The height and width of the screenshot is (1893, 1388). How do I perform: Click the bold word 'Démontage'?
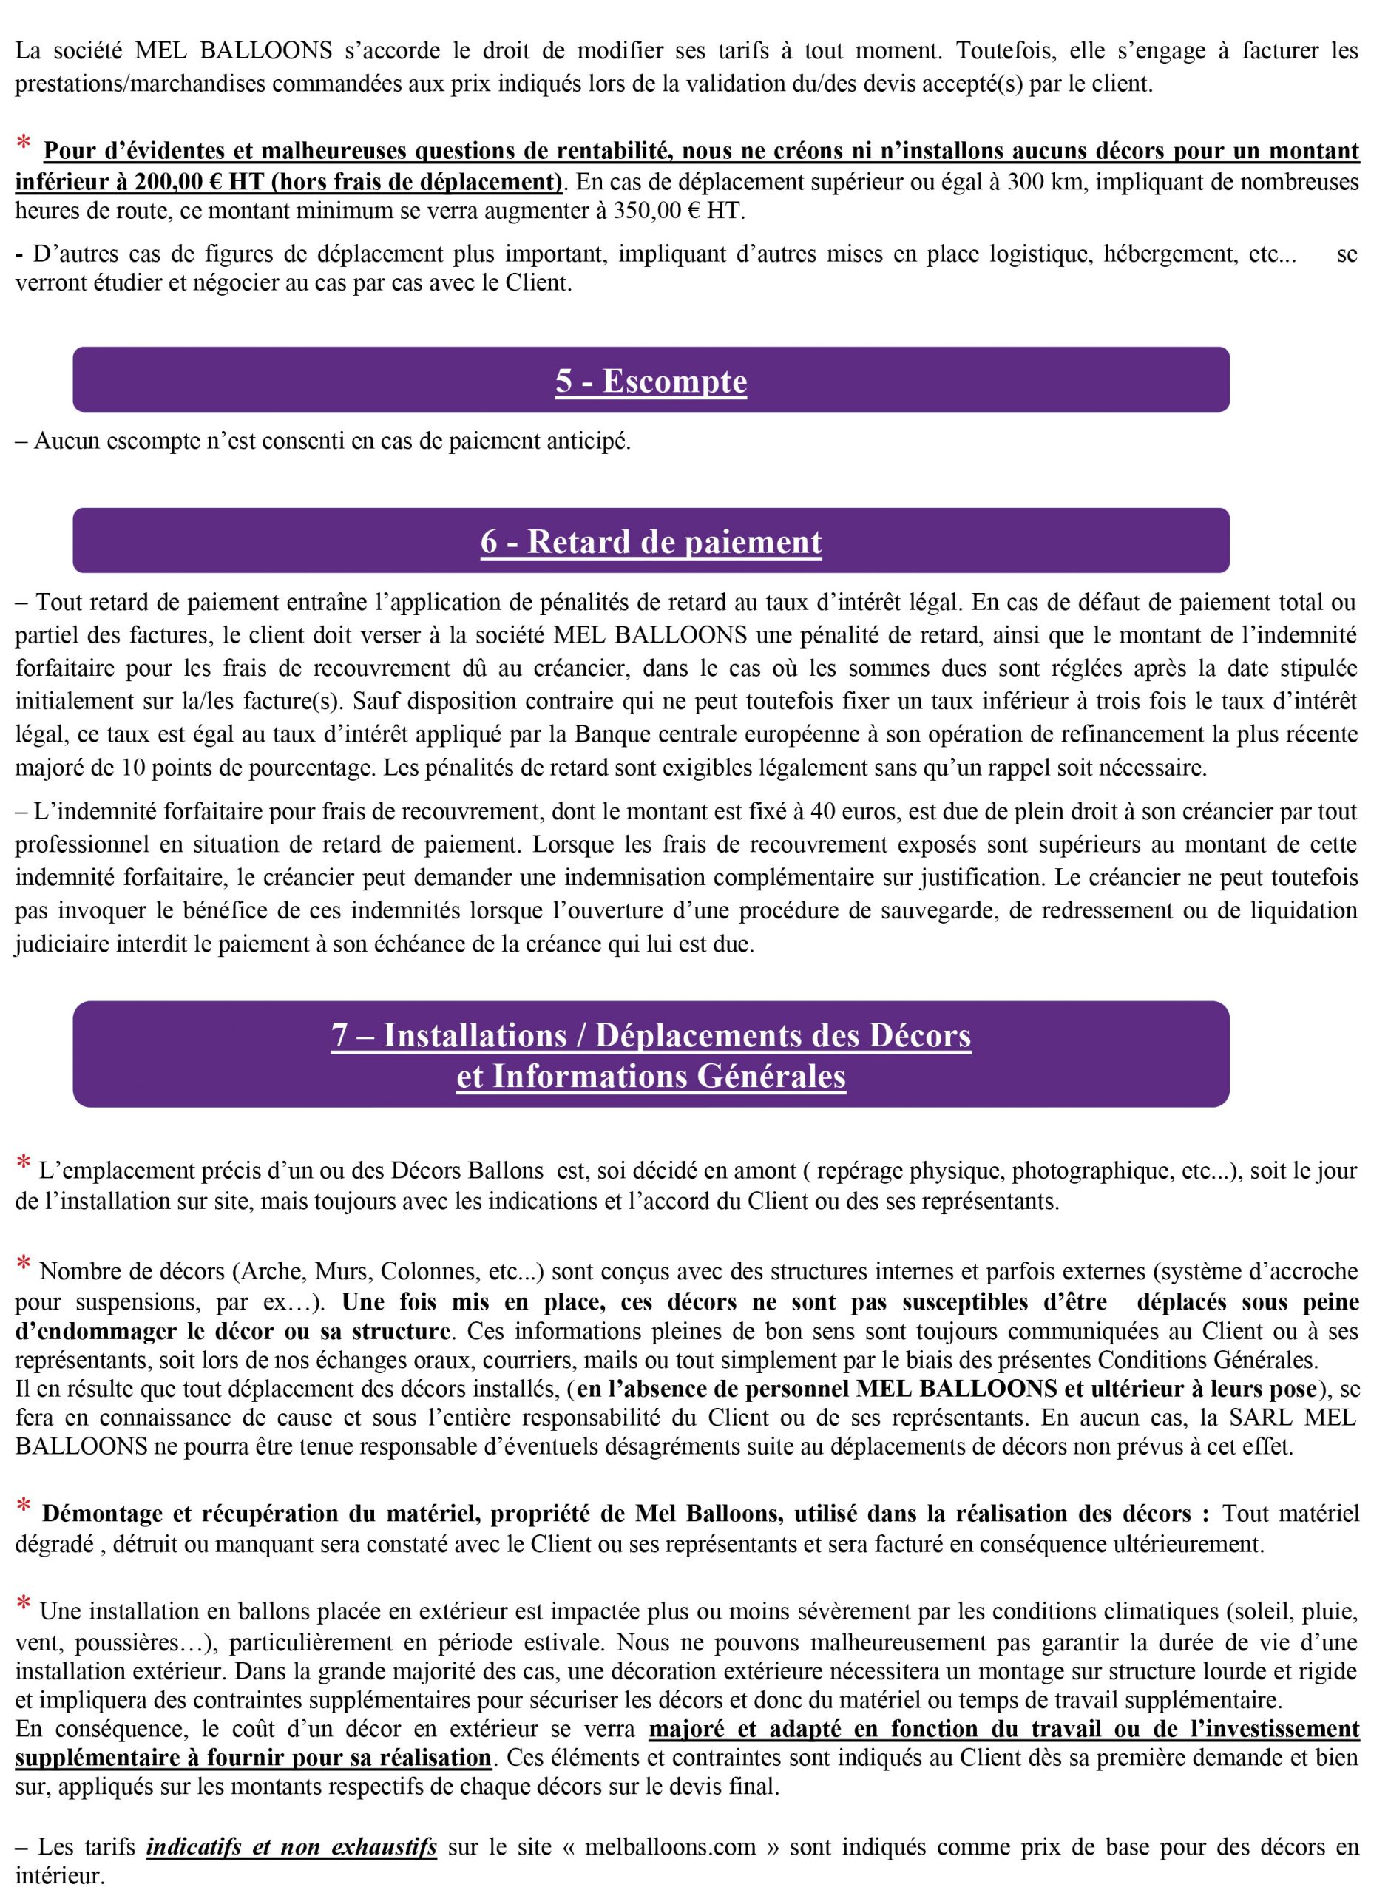click(x=101, y=1514)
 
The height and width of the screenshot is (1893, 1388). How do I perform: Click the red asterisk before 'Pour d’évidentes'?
click(x=24, y=144)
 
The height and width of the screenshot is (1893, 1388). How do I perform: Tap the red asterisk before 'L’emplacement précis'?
click(x=24, y=1165)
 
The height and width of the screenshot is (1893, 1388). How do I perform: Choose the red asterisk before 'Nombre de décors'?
click(x=24, y=1265)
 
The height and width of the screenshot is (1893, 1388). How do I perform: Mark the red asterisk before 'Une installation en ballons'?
click(x=24, y=1605)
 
